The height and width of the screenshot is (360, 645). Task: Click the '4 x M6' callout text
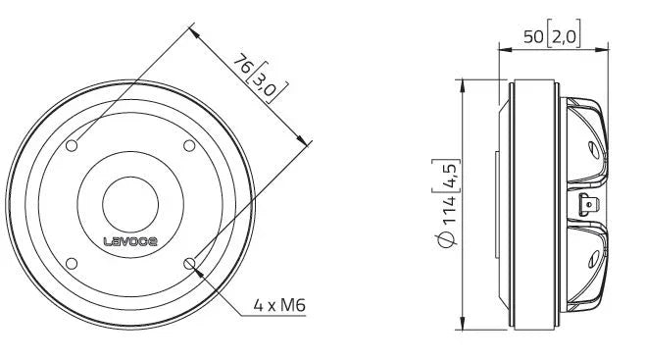point(280,305)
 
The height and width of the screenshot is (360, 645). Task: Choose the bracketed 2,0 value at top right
point(566,38)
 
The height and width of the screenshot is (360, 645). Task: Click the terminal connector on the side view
point(588,205)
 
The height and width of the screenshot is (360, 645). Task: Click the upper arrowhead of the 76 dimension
point(192,32)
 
